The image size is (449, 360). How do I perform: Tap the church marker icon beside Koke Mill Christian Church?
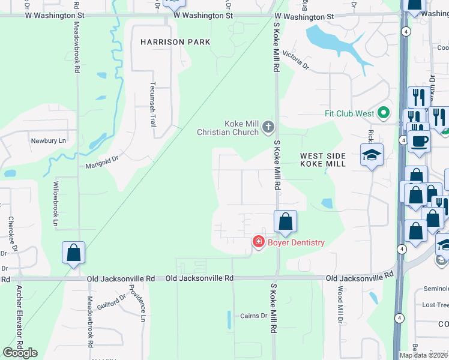[268, 127]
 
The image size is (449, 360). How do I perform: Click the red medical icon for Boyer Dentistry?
[259, 242]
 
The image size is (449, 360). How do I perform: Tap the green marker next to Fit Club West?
[384, 113]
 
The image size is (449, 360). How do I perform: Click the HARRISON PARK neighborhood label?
[175, 42]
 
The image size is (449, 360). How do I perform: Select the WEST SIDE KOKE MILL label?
[323, 160]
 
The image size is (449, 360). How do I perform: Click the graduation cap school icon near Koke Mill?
[372, 155]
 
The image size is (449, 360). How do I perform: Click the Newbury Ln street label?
[47, 140]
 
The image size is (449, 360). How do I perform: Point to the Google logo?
[20, 352]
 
